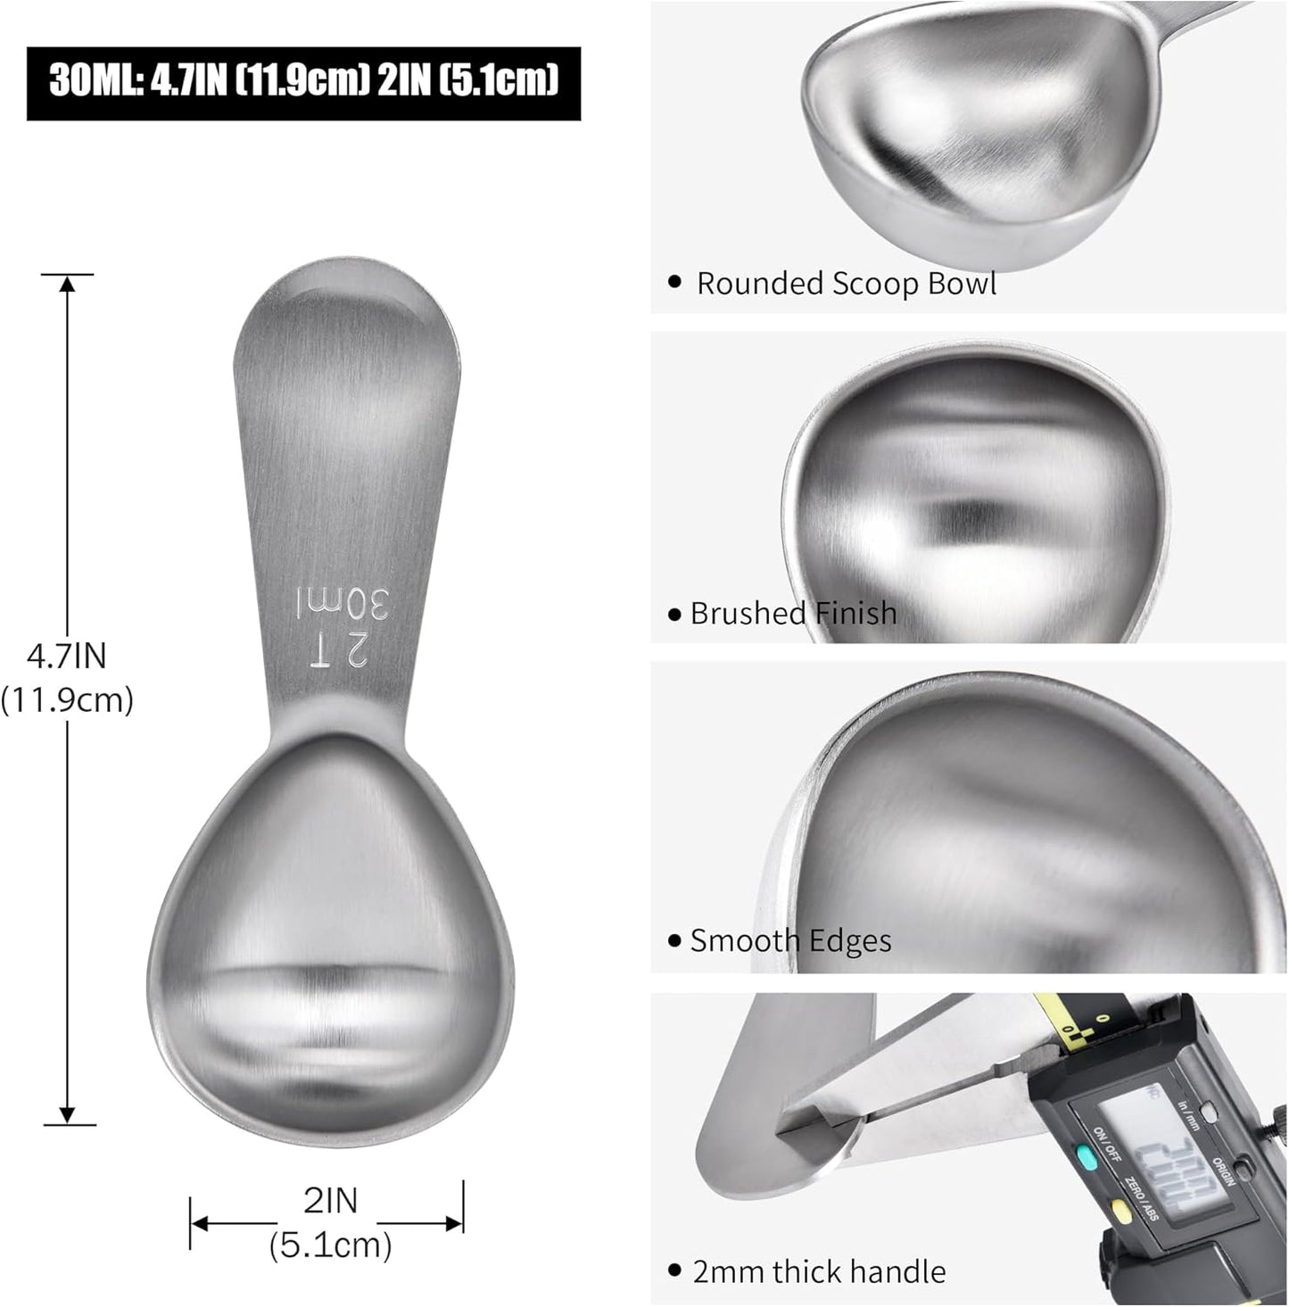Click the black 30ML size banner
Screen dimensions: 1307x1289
pyautogui.click(x=303, y=83)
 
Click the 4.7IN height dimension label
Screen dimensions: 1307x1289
pyautogui.click(x=67, y=657)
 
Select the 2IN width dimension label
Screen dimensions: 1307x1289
pyautogui.click(x=330, y=1201)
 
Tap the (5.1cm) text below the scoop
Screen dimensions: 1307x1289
pyautogui.click(x=330, y=1244)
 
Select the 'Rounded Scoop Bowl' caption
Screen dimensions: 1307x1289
pyautogui.click(x=846, y=284)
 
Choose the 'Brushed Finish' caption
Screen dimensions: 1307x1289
pyautogui.click(x=793, y=614)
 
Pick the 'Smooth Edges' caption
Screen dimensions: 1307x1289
pyautogui.click(x=790, y=941)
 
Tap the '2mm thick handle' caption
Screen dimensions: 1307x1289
pyautogui.click(x=819, y=1271)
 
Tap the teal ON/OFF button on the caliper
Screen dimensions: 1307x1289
pyautogui.click(x=1085, y=1159)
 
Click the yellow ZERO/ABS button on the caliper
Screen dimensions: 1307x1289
pyautogui.click(x=1120, y=1211)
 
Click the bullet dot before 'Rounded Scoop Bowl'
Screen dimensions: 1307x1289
pyautogui.click(x=675, y=284)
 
